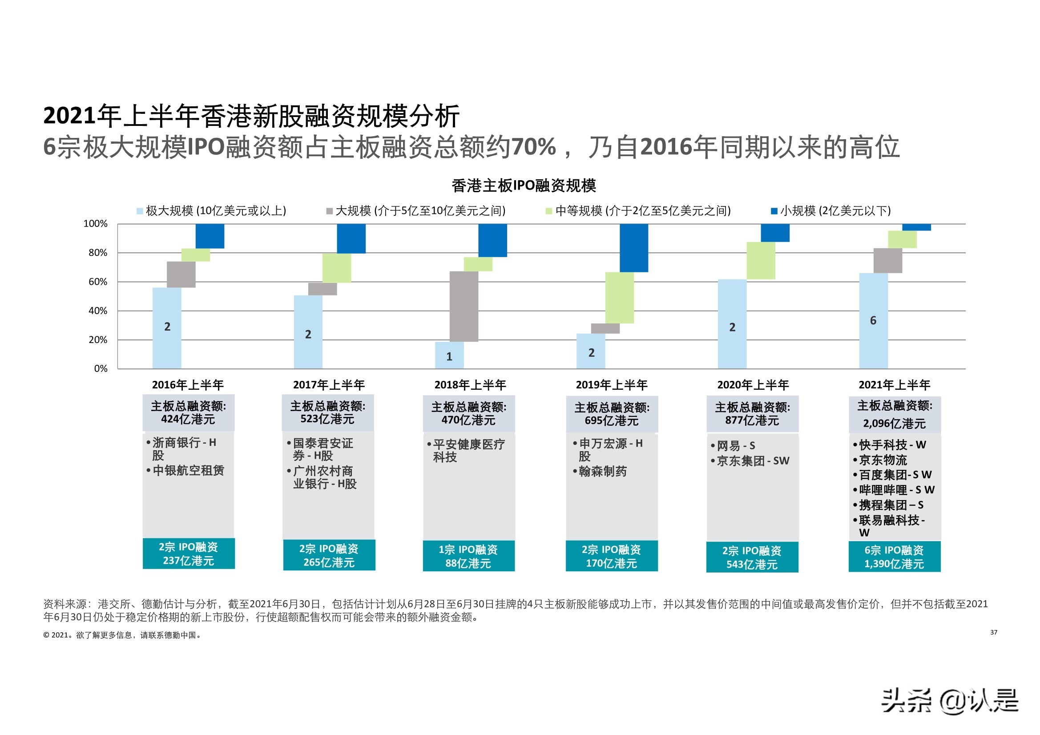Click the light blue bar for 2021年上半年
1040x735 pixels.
(x=873, y=320)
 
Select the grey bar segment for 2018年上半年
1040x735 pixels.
(x=464, y=307)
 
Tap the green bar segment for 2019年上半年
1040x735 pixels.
(x=619, y=297)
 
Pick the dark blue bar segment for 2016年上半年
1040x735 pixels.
(x=210, y=236)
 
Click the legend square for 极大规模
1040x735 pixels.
(x=140, y=211)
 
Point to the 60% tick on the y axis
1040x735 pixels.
(x=98, y=282)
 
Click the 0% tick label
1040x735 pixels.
(x=101, y=368)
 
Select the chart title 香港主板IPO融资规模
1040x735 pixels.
(x=523, y=186)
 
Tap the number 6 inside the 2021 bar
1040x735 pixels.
(x=873, y=320)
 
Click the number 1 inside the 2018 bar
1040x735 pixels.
(x=449, y=357)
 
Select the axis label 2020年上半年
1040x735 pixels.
(x=753, y=385)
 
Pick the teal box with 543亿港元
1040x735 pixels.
(x=752, y=557)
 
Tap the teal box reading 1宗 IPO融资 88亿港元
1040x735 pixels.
(x=468, y=556)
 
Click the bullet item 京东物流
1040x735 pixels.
(x=883, y=460)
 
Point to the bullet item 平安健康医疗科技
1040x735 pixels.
(x=468, y=450)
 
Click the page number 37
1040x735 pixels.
(x=993, y=632)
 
